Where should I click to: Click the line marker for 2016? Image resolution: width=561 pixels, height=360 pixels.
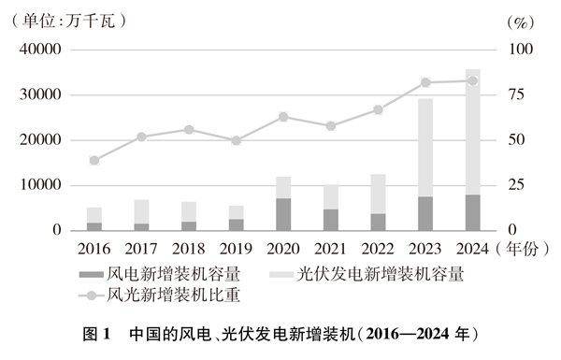(93, 160)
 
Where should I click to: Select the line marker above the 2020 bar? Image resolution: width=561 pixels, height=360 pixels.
(283, 117)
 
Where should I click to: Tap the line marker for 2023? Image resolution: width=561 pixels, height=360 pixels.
(425, 82)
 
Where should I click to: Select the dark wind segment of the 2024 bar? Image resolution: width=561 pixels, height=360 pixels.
(473, 212)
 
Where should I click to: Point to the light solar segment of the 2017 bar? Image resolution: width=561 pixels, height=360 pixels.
(141, 211)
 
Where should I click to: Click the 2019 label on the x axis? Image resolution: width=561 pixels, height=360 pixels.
(236, 248)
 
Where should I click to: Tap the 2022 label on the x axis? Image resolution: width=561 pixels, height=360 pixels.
(378, 248)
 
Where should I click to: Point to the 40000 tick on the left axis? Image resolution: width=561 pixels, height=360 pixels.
(43, 50)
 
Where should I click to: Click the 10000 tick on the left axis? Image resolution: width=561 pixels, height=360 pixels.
(43, 185)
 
